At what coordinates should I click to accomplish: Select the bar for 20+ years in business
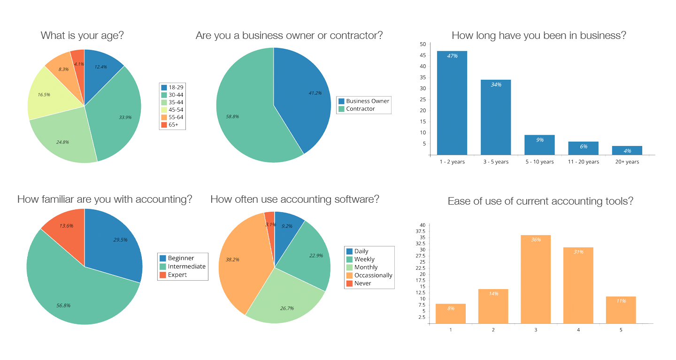(x=627, y=150)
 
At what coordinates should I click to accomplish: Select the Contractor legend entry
(x=360, y=109)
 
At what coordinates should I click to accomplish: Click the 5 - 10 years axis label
(x=539, y=162)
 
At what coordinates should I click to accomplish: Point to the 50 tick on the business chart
(x=422, y=45)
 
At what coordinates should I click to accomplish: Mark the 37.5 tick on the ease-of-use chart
(x=422, y=231)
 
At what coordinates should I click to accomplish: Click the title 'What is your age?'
(x=82, y=36)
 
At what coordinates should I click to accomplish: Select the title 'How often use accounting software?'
(x=295, y=199)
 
